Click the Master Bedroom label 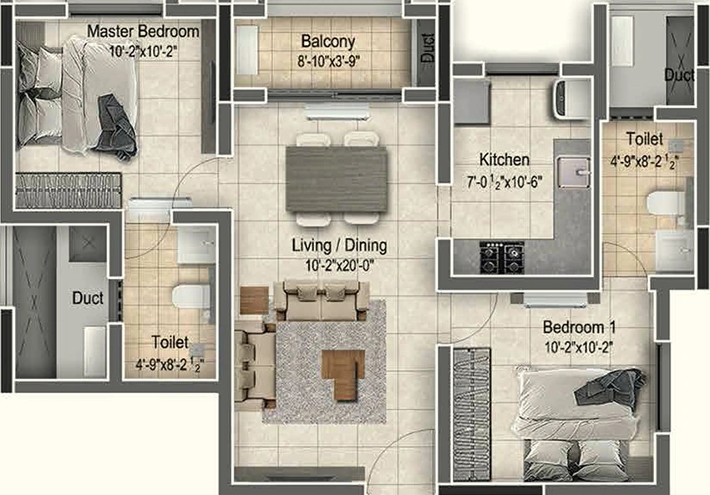[143, 31]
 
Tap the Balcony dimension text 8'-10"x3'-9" [329, 61]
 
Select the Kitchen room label [504, 159]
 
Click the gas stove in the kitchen [502, 257]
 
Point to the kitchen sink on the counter [574, 173]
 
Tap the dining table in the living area [337, 179]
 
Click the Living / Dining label [339, 245]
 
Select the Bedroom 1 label [579, 327]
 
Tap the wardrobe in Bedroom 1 [472, 414]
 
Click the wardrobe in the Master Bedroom [68, 190]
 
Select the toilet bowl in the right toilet [667, 203]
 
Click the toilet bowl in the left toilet [190, 296]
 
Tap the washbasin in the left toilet [196, 245]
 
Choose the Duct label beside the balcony [427, 48]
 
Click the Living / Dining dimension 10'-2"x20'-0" [340, 265]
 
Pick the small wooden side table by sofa [254, 301]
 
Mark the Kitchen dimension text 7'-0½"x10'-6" [505, 182]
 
